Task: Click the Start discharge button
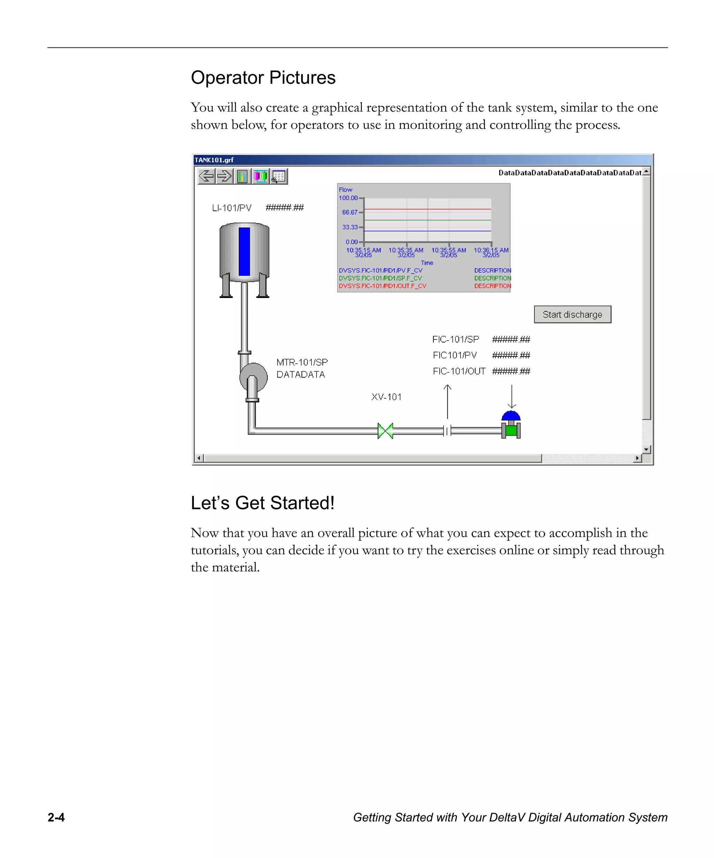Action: tap(572, 314)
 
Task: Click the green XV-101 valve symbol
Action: tap(385, 431)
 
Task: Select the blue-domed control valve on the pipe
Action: tap(511, 425)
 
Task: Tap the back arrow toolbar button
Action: tap(206, 176)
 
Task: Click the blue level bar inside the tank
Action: tap(244, 251)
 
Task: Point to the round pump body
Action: tap(254, 376)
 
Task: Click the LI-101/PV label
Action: tap(231, 208)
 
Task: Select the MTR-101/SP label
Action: tap(302, 362)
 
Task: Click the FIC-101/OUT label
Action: tap(459, 371)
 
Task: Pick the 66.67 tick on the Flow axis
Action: tap(349, 213)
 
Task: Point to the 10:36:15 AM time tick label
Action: tap(491, 250)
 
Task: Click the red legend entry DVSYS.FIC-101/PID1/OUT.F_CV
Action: tap(382, 286)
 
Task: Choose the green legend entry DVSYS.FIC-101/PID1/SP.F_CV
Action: tap(380, 278)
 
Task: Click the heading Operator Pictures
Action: tap(263, 78)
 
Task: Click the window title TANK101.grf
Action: tap(214, 160)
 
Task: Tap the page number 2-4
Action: tap(56, 817)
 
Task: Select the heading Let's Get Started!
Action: tap(263, 503)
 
